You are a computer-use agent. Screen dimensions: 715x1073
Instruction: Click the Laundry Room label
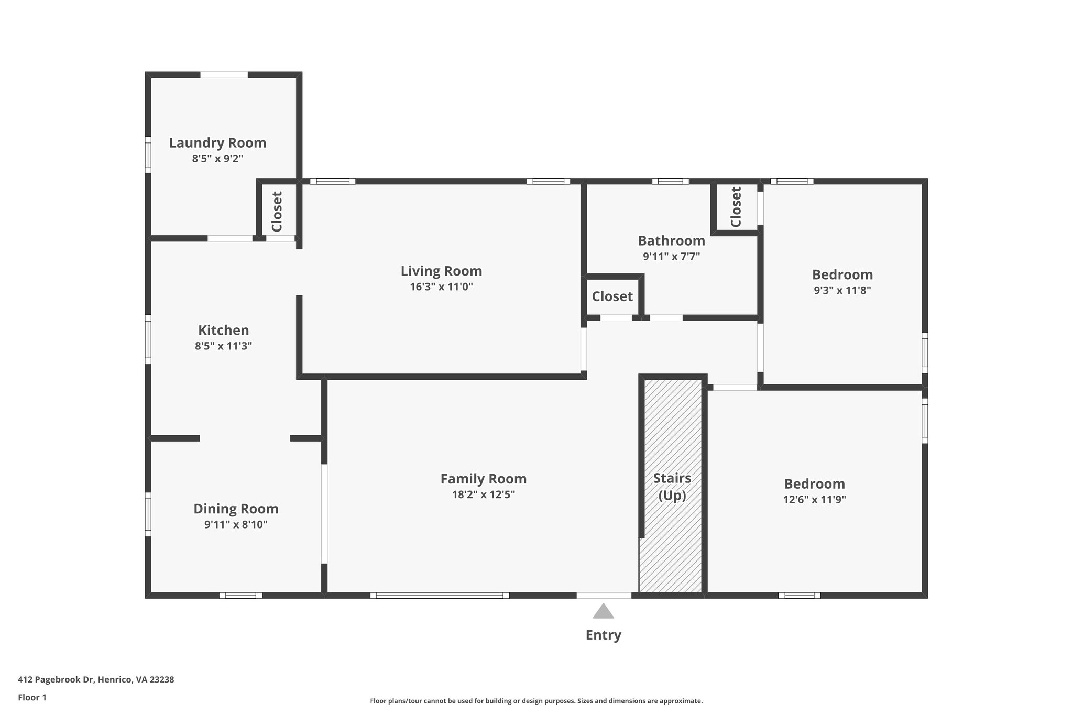217,143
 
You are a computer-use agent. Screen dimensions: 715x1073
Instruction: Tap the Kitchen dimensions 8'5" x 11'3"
224,346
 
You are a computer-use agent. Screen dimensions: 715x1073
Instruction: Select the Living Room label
441,271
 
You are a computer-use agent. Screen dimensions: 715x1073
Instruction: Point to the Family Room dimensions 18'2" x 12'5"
483,494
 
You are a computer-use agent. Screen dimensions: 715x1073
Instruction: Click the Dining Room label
236,509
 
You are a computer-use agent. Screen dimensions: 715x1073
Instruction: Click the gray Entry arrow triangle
603,612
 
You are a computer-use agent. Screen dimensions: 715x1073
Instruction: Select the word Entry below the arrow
603,635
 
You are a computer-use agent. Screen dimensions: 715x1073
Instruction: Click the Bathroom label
671,241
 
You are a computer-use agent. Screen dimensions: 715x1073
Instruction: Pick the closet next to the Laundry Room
277,211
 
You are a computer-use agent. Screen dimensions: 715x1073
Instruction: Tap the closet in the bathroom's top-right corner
736,207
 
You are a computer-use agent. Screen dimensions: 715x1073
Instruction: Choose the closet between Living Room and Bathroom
612,296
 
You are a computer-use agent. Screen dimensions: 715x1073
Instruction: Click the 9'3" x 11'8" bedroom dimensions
842,291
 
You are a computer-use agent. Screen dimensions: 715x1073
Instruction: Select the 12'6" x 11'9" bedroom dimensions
814,500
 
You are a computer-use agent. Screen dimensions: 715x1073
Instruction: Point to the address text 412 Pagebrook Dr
96,680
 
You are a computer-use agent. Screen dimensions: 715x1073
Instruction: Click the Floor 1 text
32,698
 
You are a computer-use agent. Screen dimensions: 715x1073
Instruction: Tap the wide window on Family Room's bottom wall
439,596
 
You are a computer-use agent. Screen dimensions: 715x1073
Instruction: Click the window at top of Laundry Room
224,75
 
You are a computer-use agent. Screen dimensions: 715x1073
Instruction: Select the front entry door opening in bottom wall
604,596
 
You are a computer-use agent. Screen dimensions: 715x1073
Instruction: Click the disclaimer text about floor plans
536,701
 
